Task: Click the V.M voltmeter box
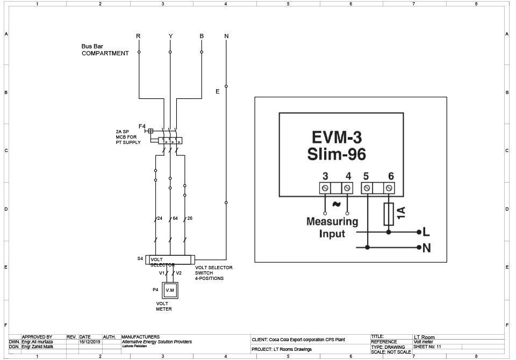170,290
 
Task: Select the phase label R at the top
138,36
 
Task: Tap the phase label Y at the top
170,36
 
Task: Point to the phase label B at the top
202,36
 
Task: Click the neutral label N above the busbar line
226,36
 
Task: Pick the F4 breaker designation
142,126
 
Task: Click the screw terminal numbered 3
325,188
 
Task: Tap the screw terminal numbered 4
347,188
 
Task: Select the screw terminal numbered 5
367,188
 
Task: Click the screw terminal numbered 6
389,188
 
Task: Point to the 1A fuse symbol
389,214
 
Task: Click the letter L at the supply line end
426,232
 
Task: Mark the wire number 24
160,218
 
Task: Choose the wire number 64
175,218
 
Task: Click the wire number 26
190,218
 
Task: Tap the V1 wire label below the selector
162,273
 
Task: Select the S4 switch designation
140,258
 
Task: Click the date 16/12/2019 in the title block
90,342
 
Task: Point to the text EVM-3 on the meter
336,137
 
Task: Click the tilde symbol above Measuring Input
336,204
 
